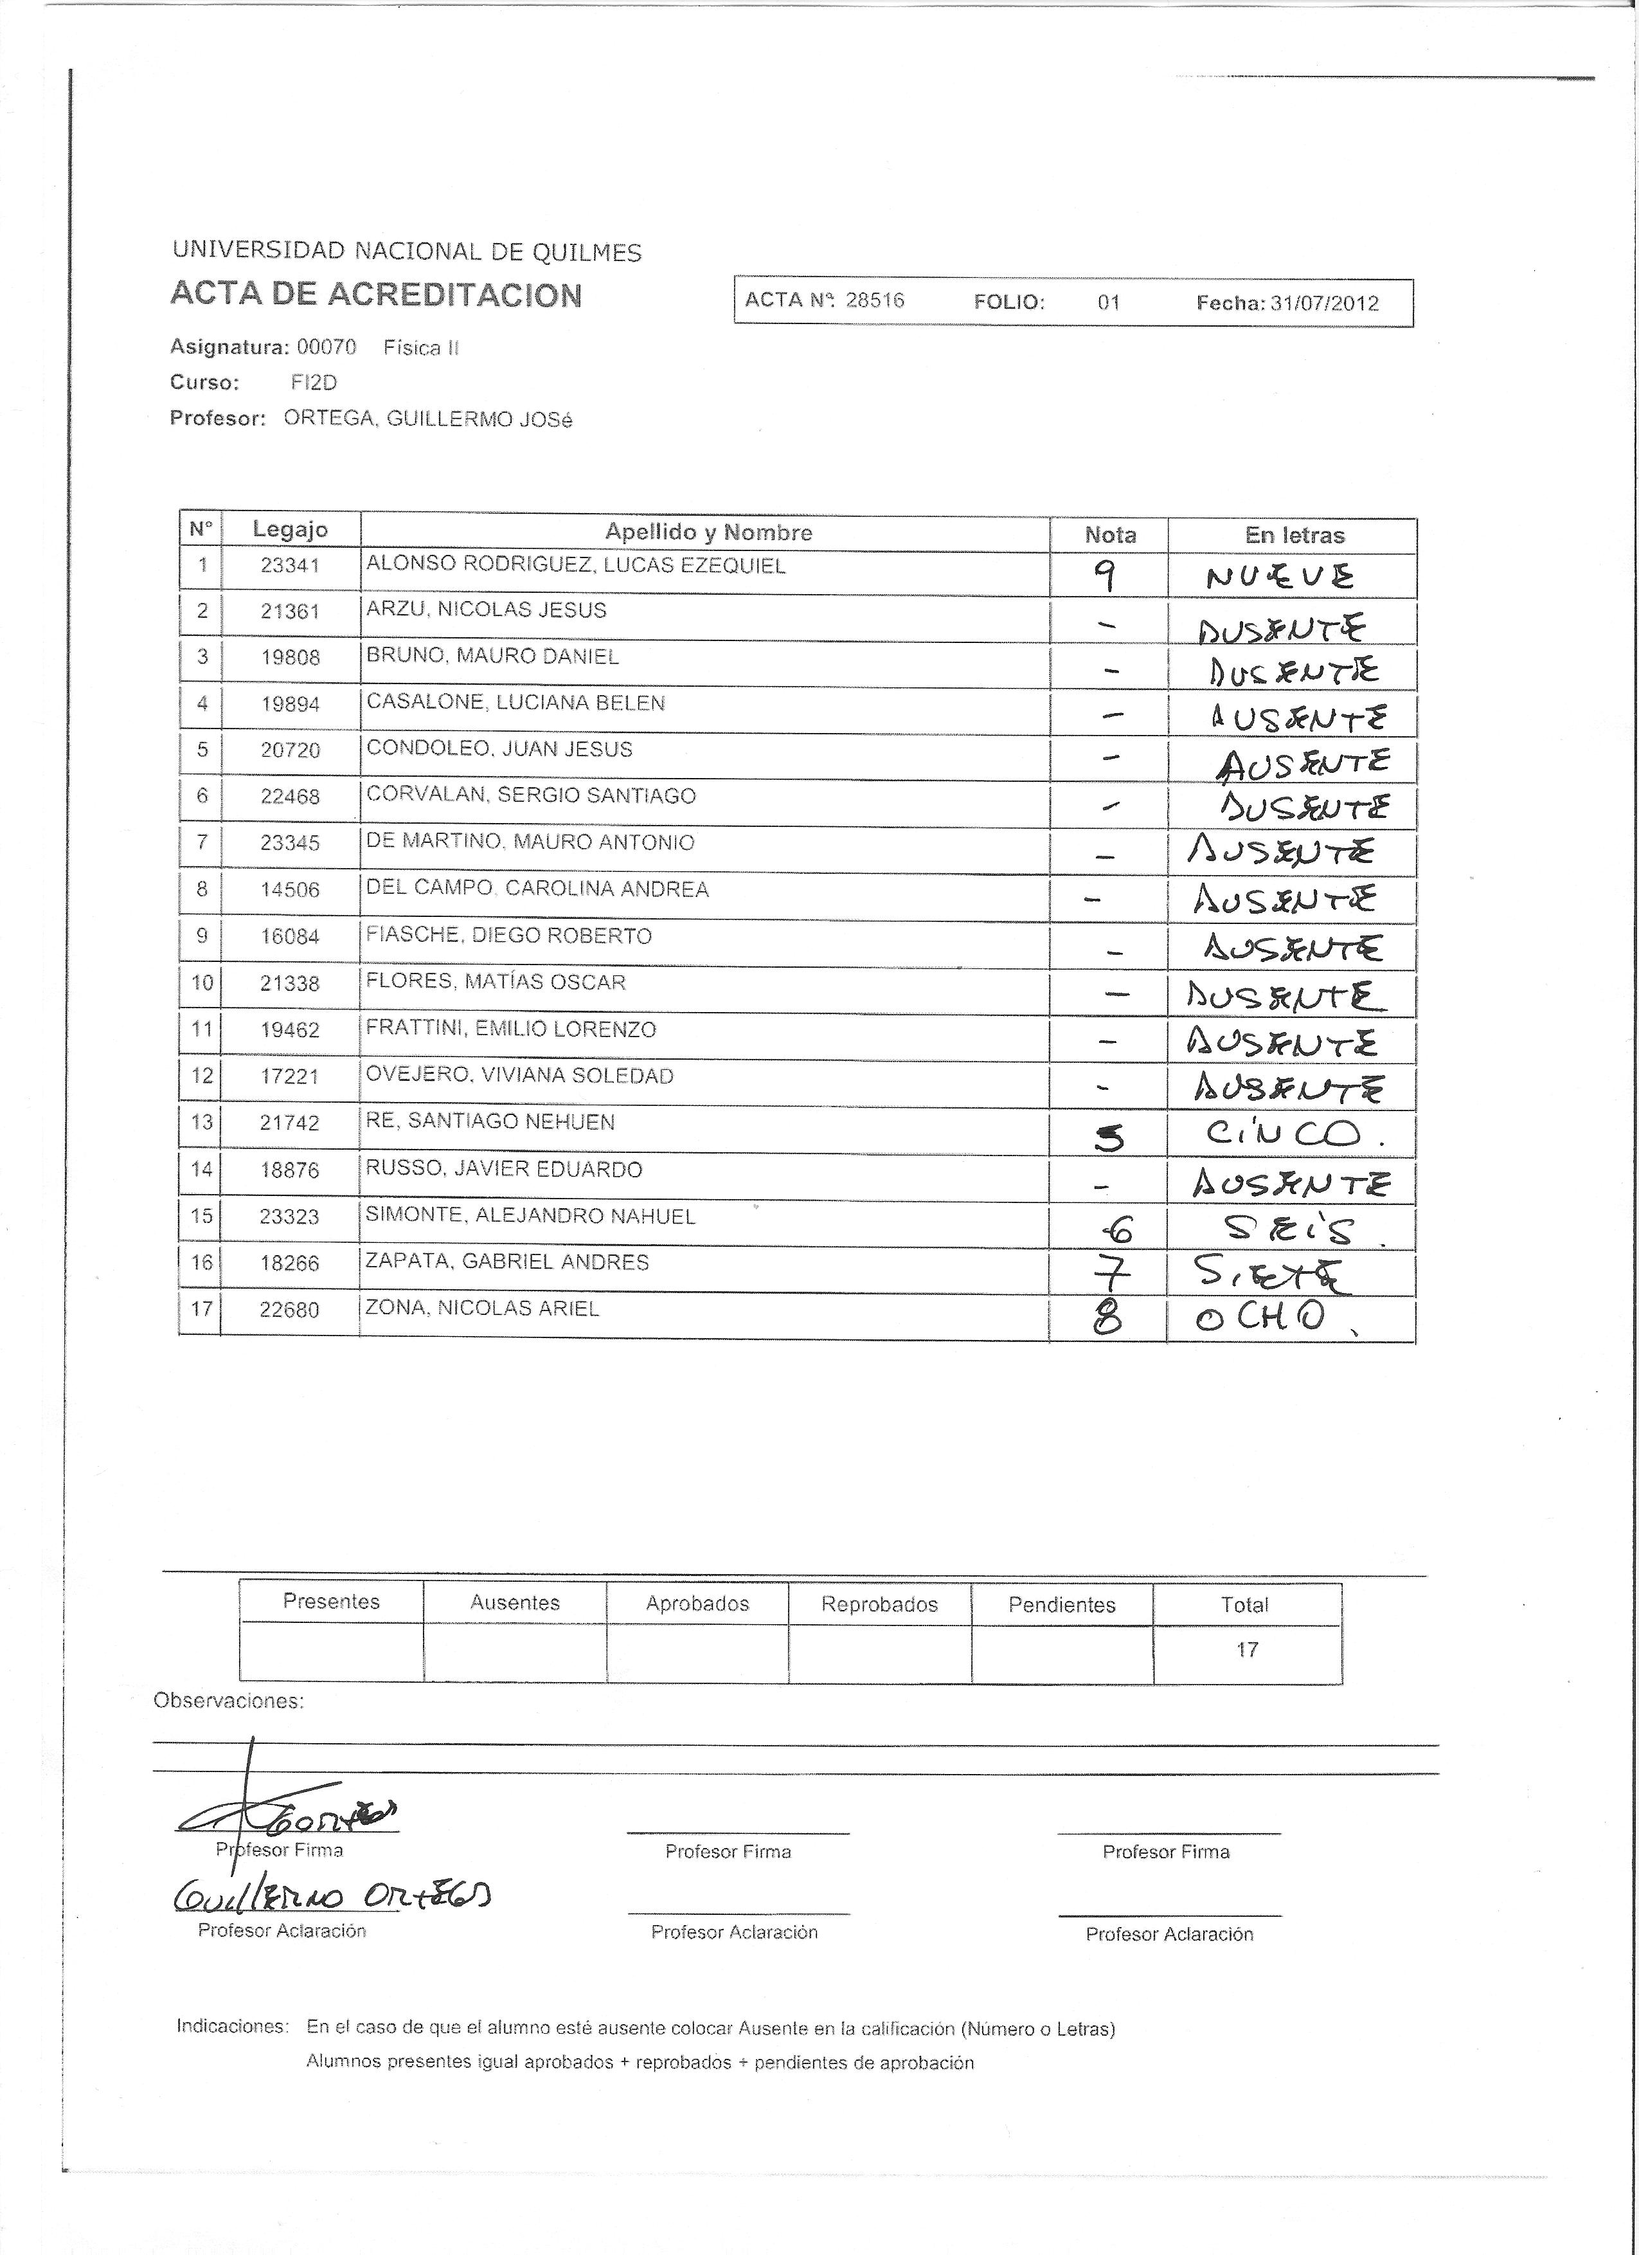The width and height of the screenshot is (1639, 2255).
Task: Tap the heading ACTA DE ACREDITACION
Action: pyautogui.click(x=376, y=294)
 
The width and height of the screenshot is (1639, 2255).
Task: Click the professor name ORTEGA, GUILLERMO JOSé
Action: pyautogui.click(x=427, y=419)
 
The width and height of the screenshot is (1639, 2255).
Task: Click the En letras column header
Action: pyautogui.click(x=1294, y=535)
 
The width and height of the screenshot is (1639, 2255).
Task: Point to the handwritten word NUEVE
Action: pyautogui.click(x=1279, y=577)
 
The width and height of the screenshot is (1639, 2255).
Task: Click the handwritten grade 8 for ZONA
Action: pyautogui.click(x=1107, y=1318)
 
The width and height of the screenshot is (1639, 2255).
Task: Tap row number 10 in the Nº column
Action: pyautogui.click(x=202, y=983)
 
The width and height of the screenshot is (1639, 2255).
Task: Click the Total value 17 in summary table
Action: pyautogui.click(x=1246, y=1649)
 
